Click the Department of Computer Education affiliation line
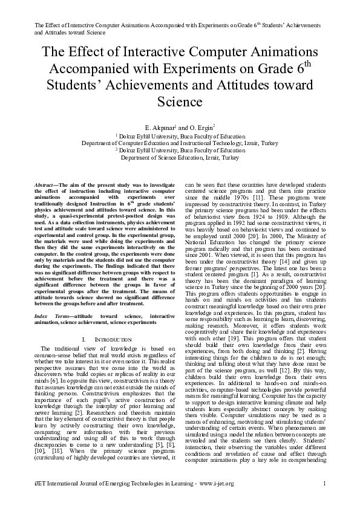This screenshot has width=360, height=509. (180, 143)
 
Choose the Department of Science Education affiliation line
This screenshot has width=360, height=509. (180, 157)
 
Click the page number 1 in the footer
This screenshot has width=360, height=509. (324, 483)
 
